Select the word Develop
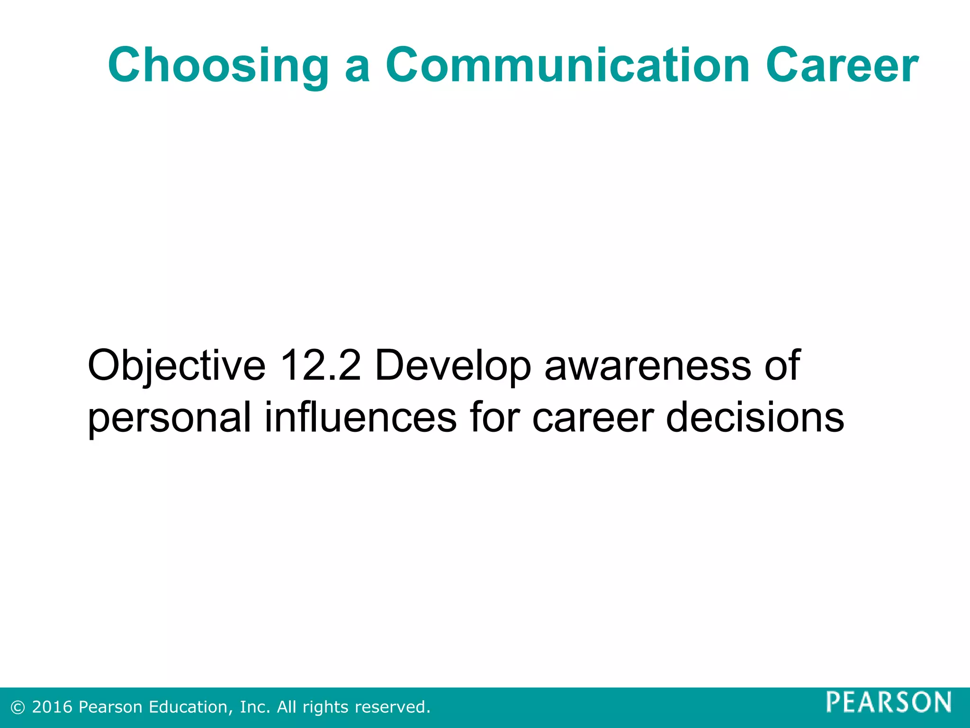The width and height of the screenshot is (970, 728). tap(453, 366)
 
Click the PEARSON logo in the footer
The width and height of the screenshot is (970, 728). tap(889, 702)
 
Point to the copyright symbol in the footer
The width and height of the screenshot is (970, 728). tap(18, 708)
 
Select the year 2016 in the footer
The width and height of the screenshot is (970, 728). tap(52, 707)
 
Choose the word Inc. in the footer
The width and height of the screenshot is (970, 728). tap(255, 707)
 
